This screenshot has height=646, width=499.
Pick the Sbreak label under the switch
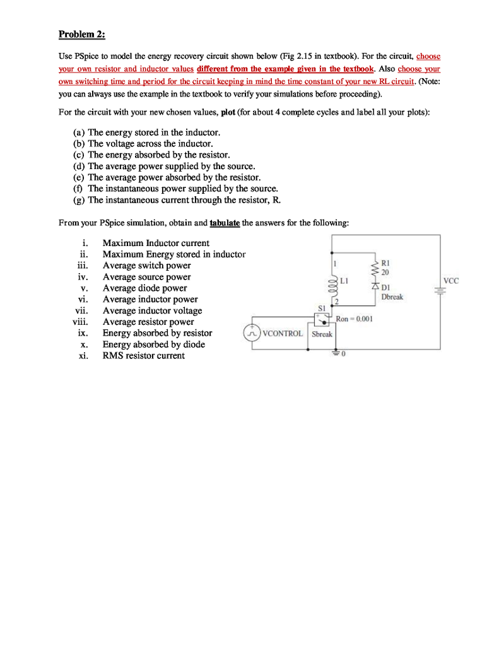322,334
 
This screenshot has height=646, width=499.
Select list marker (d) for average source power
79,166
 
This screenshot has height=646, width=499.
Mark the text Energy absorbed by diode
153,344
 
